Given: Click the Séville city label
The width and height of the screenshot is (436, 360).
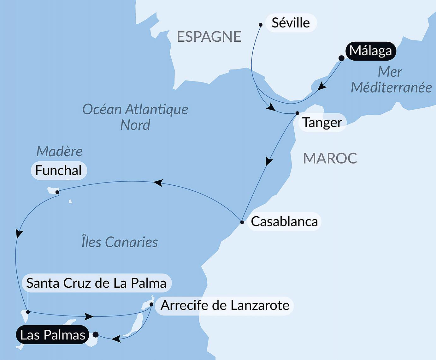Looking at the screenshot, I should tap(291, 23).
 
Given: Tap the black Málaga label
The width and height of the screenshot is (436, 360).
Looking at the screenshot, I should tap(370, 51).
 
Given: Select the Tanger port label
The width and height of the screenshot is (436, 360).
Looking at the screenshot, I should tap(322, 123).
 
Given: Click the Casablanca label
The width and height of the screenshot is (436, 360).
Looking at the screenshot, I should tap(284, 222).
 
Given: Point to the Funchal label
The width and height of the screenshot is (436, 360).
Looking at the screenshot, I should tap(59, 171).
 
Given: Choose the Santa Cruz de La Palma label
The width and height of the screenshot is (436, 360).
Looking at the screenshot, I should tap(96, 283).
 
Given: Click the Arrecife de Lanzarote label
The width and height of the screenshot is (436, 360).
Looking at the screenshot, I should tap(225, 305).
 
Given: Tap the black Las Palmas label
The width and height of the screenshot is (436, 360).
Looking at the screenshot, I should tap(53, 335).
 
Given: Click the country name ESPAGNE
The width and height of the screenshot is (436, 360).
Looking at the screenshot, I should tap(209, 37).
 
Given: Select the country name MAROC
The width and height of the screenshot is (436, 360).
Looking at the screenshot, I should tap(330, 158).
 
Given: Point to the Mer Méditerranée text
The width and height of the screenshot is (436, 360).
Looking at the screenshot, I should tap(391, 80).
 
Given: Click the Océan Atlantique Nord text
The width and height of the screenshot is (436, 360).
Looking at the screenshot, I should tap(135, 117).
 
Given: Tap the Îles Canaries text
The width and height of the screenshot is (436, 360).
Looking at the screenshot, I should tap(120, 242).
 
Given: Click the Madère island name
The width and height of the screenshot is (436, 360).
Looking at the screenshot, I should tap(59, 151).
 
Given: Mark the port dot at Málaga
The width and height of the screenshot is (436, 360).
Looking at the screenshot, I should tap(341, 58).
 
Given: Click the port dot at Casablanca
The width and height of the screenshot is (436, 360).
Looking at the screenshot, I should tap(242, 222).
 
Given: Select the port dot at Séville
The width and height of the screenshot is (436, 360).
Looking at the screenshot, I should tap(261, 25).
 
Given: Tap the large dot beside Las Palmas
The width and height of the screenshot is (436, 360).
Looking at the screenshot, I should tap(96, 334).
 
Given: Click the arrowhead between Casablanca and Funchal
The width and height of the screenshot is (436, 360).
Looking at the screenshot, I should tap(158, 183).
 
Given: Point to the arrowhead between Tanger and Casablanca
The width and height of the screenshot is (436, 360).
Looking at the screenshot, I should tap(268, 161).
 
